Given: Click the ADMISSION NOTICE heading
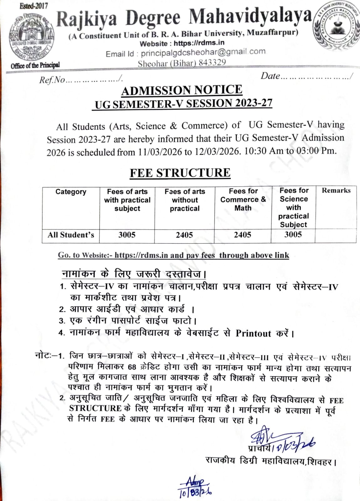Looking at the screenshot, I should click(x=182, y=90).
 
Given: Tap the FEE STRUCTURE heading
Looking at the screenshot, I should click(x=180, y=173).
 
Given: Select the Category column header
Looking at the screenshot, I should click(x=71, y=192).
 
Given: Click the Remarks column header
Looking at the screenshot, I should click(x=336, y=190).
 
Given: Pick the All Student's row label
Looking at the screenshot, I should click(x=71, y=235).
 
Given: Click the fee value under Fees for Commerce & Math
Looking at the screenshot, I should click(x=242, y=235).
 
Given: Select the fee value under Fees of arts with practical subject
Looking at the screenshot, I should click(x=127, y=235).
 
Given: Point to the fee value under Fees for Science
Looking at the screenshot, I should click(x=293, y=235).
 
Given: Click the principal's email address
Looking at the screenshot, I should click(x=203, y=52).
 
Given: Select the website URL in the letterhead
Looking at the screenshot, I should click(x=199, y=43).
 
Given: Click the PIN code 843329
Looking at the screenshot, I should click(x=212, y=62).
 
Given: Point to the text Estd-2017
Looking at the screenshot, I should click(x=33, y=6).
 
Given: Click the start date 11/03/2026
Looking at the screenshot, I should click(x=160, y=152).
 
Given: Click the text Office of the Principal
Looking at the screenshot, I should click(x=35, y=65).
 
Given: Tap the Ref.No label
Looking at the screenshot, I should click(x=52, y=80).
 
